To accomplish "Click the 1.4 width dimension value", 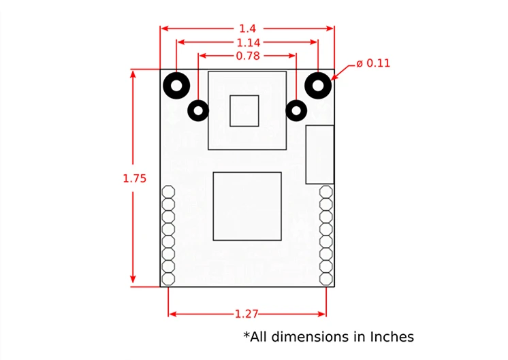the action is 247,29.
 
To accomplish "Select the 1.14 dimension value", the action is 249,43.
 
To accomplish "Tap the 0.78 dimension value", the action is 248,56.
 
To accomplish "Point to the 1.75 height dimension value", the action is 134,178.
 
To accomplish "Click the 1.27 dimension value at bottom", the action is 247,314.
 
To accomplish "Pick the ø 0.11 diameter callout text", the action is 373,63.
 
